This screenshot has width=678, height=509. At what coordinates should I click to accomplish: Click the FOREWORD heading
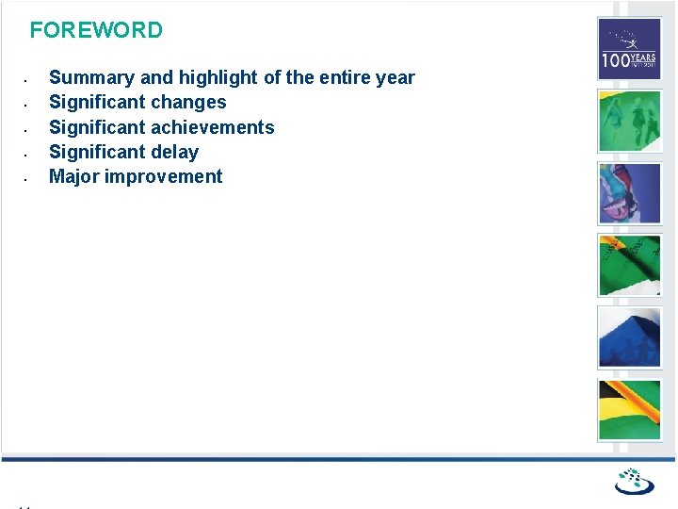96,30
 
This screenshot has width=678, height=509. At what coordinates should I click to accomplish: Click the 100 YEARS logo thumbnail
630,49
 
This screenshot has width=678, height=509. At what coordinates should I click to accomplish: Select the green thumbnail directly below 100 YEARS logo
630,121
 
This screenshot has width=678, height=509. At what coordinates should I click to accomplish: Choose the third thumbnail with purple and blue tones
630,193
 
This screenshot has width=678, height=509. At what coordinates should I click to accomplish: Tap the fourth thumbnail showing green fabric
630,265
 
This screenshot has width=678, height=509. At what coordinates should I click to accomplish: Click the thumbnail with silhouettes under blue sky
630,337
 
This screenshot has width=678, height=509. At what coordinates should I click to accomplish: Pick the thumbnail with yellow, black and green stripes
630,409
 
